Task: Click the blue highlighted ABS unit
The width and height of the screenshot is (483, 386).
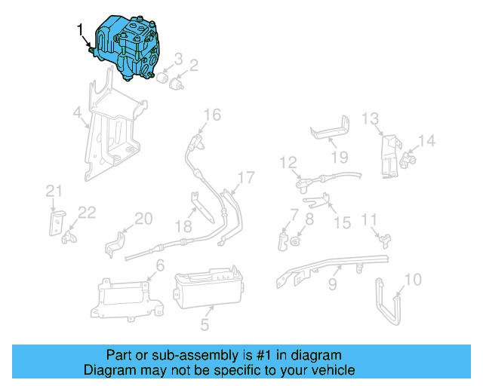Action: tap(128, 45)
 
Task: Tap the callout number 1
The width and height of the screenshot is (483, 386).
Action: tap(81, 29)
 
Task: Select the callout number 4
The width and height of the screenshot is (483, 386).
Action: tap(77, 113)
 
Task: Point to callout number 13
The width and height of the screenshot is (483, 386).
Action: tap(369, 118)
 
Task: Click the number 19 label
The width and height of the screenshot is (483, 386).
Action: tap(340, 157)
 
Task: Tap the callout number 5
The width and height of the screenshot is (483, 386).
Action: tap(204, 326)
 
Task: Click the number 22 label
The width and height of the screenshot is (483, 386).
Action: tap(87, 213)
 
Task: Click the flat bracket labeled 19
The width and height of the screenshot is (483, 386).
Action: tap(331, 130)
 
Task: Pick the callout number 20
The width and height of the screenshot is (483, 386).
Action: tap(143, 219)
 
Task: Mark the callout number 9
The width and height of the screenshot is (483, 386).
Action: tap(331, 286)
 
